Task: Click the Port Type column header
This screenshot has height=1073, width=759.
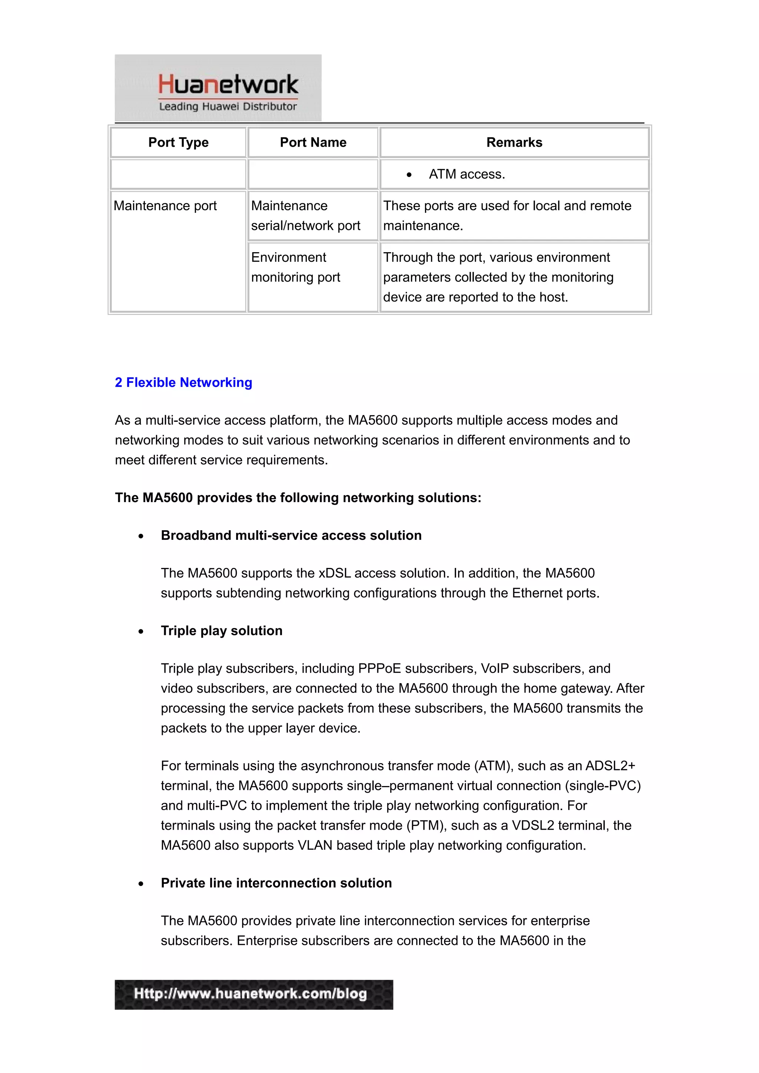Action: click(178, 143)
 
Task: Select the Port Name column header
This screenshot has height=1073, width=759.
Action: click(313, 143)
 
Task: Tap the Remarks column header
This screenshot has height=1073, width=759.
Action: click(514, 143)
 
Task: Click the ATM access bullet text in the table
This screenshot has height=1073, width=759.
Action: click(467, 174)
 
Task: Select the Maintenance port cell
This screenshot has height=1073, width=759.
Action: click(165, 206)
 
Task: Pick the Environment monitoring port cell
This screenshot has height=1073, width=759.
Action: click(295, 267)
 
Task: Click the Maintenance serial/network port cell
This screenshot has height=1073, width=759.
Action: click(305, 216)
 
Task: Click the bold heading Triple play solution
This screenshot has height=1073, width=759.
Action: click(222, 631)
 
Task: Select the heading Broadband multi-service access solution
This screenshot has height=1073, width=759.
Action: click(291, 535)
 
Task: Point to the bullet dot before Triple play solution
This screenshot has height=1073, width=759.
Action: click(141, 631)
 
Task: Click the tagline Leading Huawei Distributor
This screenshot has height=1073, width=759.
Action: click(228, 107)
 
